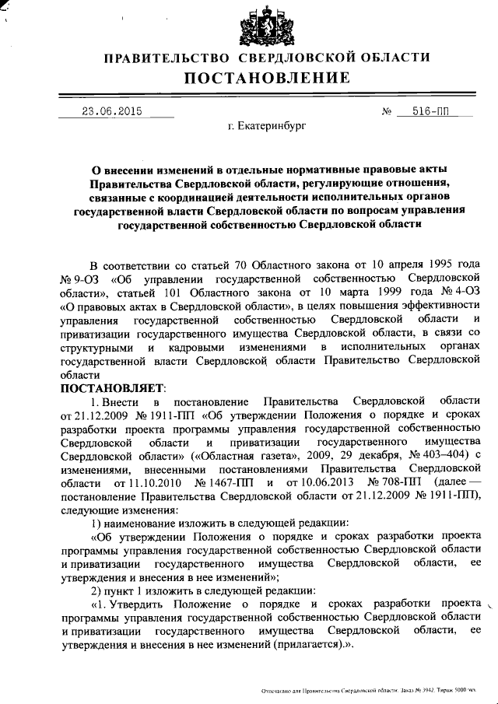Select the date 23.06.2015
click(x=112, y=111)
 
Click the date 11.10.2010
click(x=144, y=483)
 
